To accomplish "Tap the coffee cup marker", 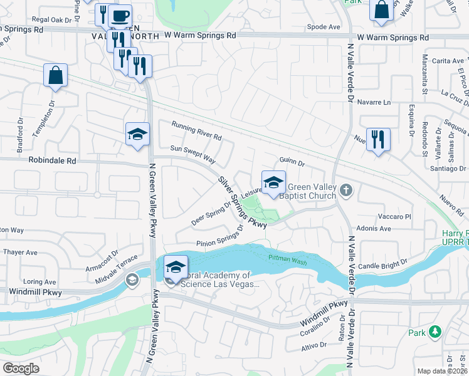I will (120, 16).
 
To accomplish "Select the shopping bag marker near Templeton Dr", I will (55, 75).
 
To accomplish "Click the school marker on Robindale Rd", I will (137, 134).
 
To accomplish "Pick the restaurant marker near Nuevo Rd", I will (378, 139).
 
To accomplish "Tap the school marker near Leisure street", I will (273, 182).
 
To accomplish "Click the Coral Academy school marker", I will (176, 268).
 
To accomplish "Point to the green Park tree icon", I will (434, 332).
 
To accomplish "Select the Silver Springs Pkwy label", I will (242, 201).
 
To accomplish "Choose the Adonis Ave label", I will (373, 229).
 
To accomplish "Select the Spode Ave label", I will (324, 27).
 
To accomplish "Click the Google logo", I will (21, 368).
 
